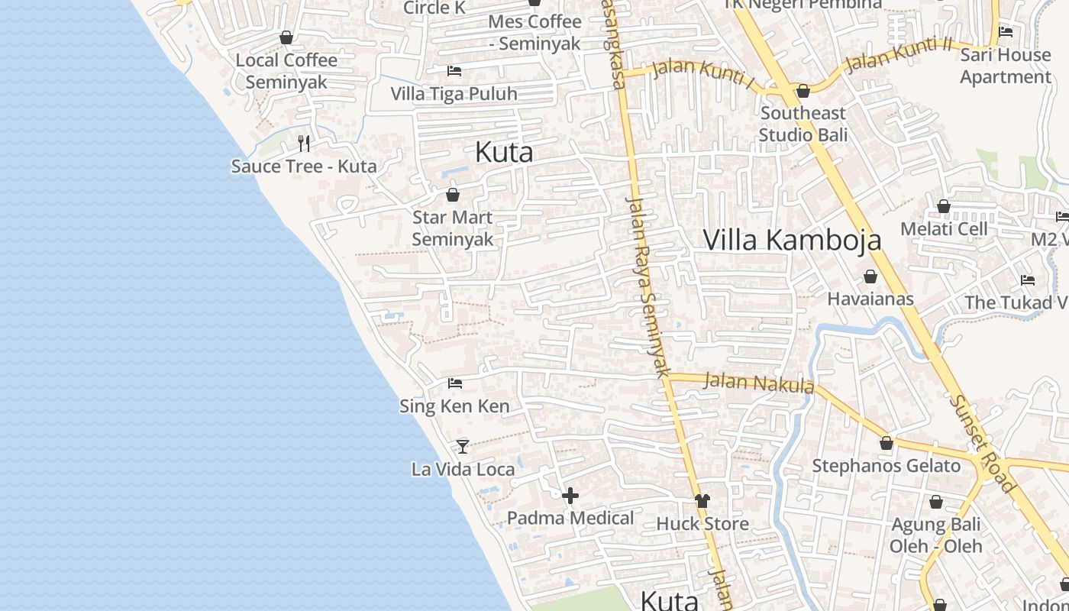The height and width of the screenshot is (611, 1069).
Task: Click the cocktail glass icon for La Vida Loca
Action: pyautogui.click(x=463, y=446)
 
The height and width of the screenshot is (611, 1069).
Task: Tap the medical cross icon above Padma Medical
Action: pyautogui.click(x=570, y=496)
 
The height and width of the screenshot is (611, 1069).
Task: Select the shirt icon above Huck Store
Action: pyautogui.click(x=702, y=501)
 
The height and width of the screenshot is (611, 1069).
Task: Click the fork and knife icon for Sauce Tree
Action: pyautogui.click(x=304, y=144)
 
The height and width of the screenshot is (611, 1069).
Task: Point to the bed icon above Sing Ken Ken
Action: pyautogui.click(x=455, y=383)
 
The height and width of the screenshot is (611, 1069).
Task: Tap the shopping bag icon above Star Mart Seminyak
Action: pyautogui.click(x=453, y=195)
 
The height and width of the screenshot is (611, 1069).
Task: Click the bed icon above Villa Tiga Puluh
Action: pyautogui.click(x=454, y=71)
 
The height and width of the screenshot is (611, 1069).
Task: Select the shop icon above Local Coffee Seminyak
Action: pyautogui.click(x=286, y=37)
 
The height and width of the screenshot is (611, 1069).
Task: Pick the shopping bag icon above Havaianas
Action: pyautogui.click(x=870, y=276)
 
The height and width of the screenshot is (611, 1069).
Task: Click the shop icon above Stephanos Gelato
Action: pyautogui.click(x=887, y=443)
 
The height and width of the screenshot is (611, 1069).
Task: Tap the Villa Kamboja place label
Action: pyautogui.click(x=792, y=240)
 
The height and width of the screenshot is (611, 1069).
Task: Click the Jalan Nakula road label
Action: pyautogui.click(x=759, y=382)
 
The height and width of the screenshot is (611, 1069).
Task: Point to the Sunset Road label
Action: pyautogui.click(x=983, y=443)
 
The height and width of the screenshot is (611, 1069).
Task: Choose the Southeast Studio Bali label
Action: pyautogui.click(x=803, y=124)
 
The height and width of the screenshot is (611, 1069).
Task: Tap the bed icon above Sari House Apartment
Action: pyautogui.click(x=1006, y=32)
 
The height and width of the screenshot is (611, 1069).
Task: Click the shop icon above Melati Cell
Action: pyautogui.click(x=944, y=206)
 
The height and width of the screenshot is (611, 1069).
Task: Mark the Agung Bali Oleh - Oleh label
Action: pyautogui.click(x=936, y=535)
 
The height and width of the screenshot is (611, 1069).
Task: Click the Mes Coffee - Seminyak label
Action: pyautogui.click(x=534, y=32)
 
